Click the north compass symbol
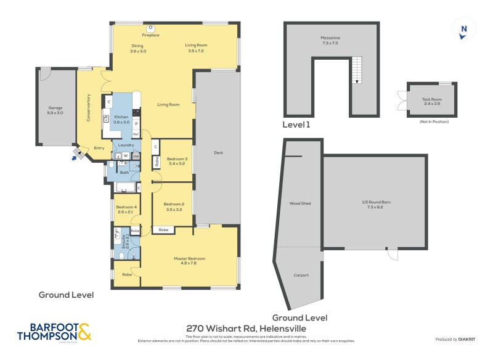click(464, 29)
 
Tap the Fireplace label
click(150, 35)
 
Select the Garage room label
click(55, 110)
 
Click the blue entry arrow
click(75, 158)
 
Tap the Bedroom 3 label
click(177, 160)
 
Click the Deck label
click(218, 153)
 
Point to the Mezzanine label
click(330, 40)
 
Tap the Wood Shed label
click(299, 203)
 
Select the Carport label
click(301, 275)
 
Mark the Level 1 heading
click(296, 125)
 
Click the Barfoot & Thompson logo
click(54, 331)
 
